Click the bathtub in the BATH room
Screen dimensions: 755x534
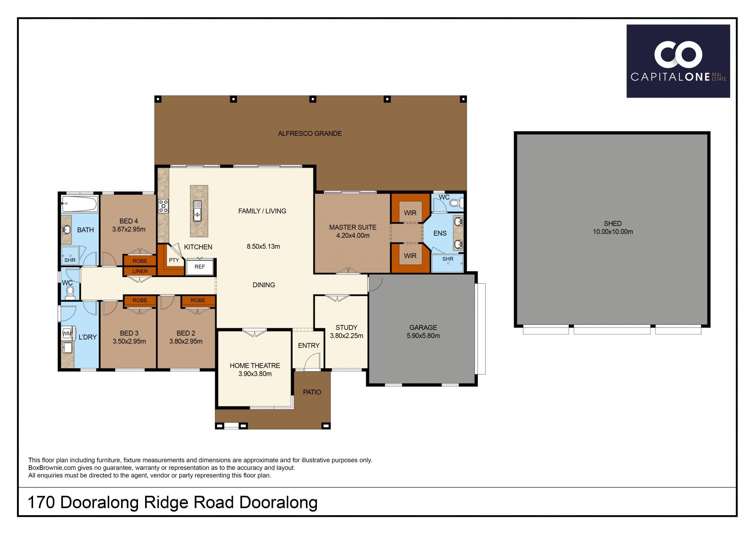[x=79, y=205]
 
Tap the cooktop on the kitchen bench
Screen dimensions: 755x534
[x=163, y=206]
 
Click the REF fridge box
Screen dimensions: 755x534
[x=200, y=266]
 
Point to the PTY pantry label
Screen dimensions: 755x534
[x=174, y=260]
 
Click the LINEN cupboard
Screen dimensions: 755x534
[x=140, y=271]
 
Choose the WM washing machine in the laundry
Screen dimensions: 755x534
[x=67, y=333]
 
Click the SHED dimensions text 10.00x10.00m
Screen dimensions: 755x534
[x=613, y=232]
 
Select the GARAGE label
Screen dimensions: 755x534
[x=423, y=327]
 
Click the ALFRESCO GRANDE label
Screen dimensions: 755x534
[x=310, y=133]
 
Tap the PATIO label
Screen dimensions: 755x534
[x=312, y=392]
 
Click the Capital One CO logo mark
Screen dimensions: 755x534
[x=678, y=55]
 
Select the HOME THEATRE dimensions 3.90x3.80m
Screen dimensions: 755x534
[x=255, y=374]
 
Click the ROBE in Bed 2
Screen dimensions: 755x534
[x=198, y=301]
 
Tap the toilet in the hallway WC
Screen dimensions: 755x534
[x=70, y=293]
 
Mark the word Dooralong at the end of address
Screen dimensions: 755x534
[x=278, y=503]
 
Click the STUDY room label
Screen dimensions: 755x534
[x=346, y=327]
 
